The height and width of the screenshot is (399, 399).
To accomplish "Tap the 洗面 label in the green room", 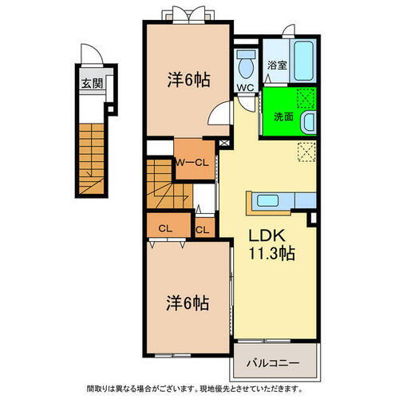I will pos(282,117).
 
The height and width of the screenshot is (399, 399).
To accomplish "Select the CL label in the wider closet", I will pos(164,228).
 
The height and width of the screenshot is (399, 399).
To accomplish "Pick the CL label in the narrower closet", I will pos(202,231).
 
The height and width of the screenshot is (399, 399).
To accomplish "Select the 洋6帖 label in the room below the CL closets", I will pos(188,303).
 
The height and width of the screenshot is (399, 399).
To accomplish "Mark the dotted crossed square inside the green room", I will pos(305,99).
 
